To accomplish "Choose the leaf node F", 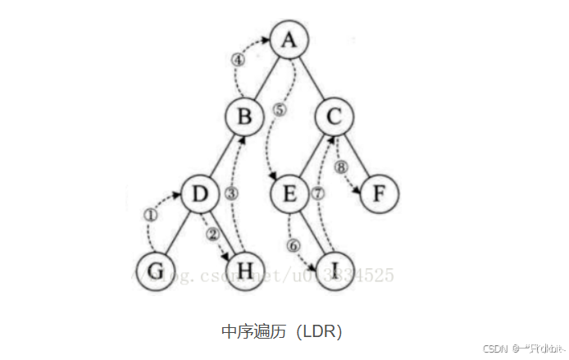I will tap(378, 195).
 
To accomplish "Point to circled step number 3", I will tap(231, 194).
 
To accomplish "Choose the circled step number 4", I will tap(238, 60).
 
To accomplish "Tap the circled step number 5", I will tap(280, 111).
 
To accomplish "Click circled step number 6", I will tap(294, 244).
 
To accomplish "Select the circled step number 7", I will tap(319, 194).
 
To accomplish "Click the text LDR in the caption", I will tap(317, 331).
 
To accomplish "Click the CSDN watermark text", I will tap(494, 348).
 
